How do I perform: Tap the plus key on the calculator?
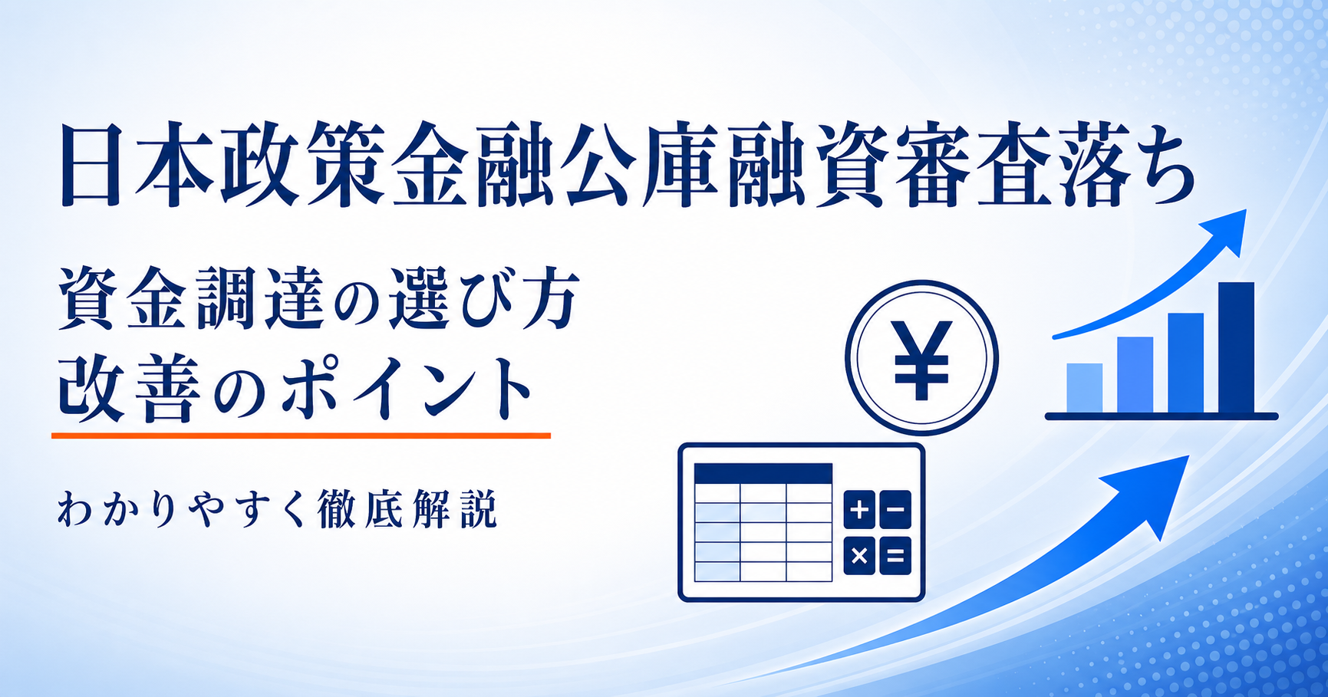[860, 510]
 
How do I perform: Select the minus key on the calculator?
[895, 510]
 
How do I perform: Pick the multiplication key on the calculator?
[860, 556]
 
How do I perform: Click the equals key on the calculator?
[895, 556]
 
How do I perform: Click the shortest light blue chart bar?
[1084, 388]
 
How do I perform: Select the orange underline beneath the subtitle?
[301, 436]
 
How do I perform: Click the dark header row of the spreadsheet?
[763, 473]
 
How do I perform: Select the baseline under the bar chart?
[1162, 416]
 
